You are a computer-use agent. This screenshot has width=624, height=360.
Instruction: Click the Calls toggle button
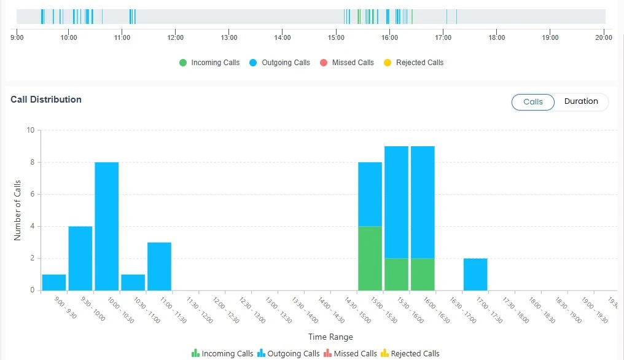pos(533,102)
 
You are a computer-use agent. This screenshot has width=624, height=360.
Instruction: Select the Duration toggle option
pos(581,102)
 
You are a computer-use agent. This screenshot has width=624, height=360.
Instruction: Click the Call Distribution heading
pos(46,100)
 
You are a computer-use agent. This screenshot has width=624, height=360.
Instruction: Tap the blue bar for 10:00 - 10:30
pos(107,226)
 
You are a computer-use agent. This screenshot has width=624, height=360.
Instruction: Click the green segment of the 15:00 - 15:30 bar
pos(370,258)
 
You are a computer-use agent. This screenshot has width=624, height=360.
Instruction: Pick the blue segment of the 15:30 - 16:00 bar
pos(396,202)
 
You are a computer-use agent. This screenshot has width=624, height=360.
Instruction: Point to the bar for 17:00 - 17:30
pos(475,274)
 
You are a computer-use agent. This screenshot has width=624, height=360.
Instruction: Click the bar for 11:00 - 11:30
pos(159,266)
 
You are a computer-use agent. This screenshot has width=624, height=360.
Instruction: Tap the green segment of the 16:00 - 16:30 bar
pos(423,274)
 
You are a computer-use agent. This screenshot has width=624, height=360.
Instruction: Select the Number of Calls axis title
pos(17,210)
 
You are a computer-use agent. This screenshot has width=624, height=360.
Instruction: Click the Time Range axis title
pos(330,337)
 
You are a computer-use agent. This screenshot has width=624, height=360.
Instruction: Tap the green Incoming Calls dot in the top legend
pos(183,63)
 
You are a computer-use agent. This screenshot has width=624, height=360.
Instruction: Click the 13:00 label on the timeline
pos(229,37)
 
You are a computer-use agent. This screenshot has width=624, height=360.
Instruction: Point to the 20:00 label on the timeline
pos(604,37)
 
